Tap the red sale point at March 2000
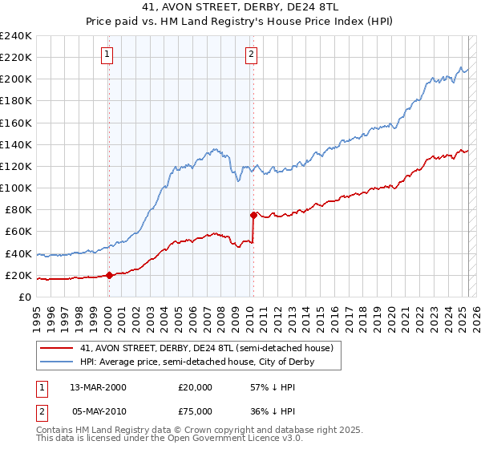click(109, 275)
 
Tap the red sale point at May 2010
click(253, 215)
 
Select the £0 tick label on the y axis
click(25, 297)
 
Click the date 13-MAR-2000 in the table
click(98, 386)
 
